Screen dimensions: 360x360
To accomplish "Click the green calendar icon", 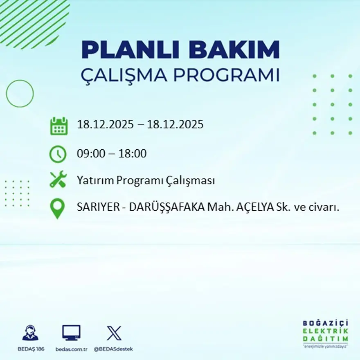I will (59, 126).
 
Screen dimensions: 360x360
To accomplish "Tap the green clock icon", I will (58, 154).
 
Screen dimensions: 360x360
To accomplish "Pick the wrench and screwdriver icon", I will (58, 180).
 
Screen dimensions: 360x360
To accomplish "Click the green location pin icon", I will (57, 208).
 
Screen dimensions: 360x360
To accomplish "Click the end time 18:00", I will (133, 154).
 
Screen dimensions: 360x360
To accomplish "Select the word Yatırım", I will (93, 180).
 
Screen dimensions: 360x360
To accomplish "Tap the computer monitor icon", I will (71, 333).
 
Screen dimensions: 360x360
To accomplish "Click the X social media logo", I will (114, 333).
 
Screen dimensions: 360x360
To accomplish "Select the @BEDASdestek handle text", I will (113, 349).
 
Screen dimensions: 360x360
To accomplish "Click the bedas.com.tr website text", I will (72, 349).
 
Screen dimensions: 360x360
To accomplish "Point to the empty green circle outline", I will (20, 94).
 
